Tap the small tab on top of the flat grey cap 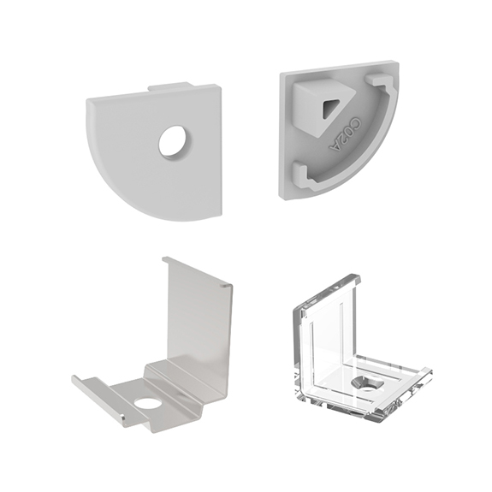click(x=170, y=86)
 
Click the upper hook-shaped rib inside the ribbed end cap click(x=380, y=85)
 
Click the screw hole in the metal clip click(x=147, y=402)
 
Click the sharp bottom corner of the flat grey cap click(x=218, y=217)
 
